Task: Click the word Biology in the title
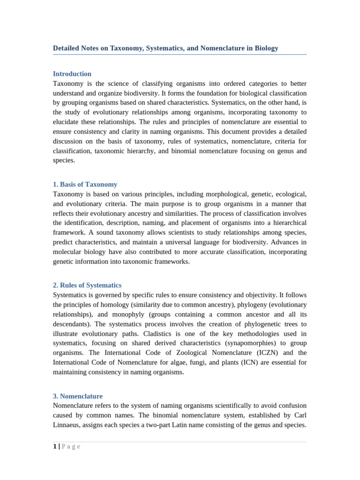(266, 48)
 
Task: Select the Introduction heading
(72, 74)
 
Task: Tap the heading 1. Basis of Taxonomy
(85, 185)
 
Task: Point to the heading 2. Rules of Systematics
(87, 285)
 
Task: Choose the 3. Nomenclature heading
(78, 397)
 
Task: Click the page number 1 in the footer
(55, 447)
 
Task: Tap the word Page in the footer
(71, 447)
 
